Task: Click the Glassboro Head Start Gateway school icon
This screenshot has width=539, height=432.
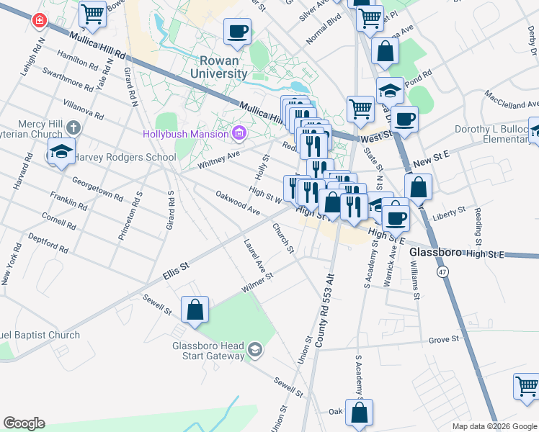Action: point(254,350)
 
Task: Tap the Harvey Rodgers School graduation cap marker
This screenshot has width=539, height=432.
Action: point(61,152)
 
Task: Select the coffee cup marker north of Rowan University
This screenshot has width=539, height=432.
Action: point(237,31)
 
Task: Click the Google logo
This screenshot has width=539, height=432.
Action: point(24,423)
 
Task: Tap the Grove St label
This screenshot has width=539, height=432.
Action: point(444,338)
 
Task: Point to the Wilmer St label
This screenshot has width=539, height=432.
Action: point(257,281)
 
